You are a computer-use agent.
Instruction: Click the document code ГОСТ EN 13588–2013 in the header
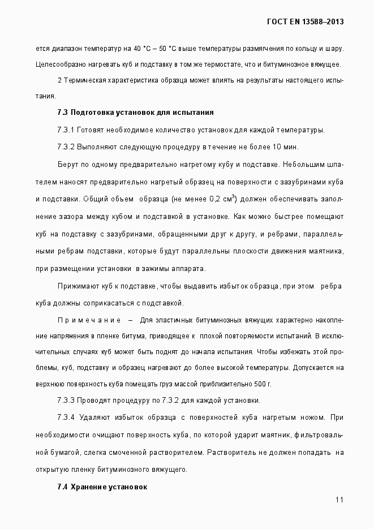(306, 22)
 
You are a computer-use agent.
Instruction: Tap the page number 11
(339, 500)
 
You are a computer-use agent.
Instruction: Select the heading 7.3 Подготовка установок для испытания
(135, 113)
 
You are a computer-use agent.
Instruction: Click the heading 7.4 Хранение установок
(102, 487)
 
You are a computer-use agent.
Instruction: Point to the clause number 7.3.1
(66, 130)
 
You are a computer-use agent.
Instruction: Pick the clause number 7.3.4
(66, 418)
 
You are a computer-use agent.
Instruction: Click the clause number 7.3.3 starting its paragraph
(66, 401)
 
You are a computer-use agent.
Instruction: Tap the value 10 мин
(285, 147)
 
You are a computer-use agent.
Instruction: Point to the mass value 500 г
(263, 384)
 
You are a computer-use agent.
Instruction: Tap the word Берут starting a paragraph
(67, 165)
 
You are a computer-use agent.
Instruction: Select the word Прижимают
(78, 286)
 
